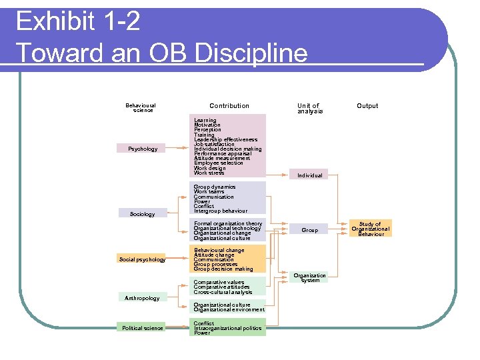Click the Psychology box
143,149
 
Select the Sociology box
142,214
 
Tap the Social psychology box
142,259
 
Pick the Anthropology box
142,298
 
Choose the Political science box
142,328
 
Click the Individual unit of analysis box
310,175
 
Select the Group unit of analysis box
310,230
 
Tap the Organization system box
310,278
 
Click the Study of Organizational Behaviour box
370,229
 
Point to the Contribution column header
229,106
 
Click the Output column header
367,106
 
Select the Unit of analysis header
309,109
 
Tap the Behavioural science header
141,108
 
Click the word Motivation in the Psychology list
207,125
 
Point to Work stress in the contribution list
209,173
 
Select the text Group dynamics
215,187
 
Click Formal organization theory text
228,224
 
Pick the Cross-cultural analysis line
223,292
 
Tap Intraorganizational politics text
227,328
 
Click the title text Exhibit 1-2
78,22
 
